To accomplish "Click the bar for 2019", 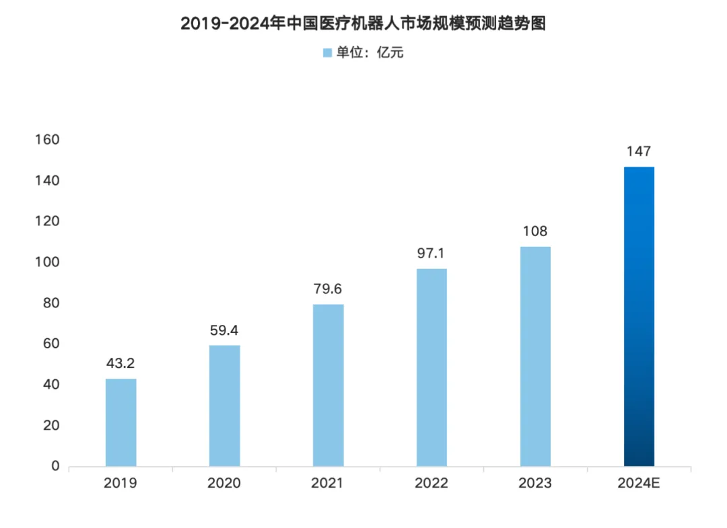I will click(121, 422).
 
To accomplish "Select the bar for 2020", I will click(225, 406).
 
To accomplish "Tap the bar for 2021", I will click(328, 385).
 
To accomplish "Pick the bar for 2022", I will click(432, 367).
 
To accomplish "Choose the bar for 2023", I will click(536, 356).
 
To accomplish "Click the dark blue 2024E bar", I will click(639, 316).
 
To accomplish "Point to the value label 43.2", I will click(121, 363).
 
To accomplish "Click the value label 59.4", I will click(225, 330).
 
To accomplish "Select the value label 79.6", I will click(328, 289).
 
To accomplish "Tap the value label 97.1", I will click(432, 254).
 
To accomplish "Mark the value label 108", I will click(536, 231).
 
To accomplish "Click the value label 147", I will click(639, 151).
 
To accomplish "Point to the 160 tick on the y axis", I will click(48, 140).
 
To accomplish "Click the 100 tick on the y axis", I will click(48, 262).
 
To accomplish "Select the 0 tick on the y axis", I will click(55, 466).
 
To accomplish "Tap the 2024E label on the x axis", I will click(639, 484).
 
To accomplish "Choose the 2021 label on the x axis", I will click(328, 484).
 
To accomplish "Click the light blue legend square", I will click(327, 52).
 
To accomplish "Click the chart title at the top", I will click(363, 24).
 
